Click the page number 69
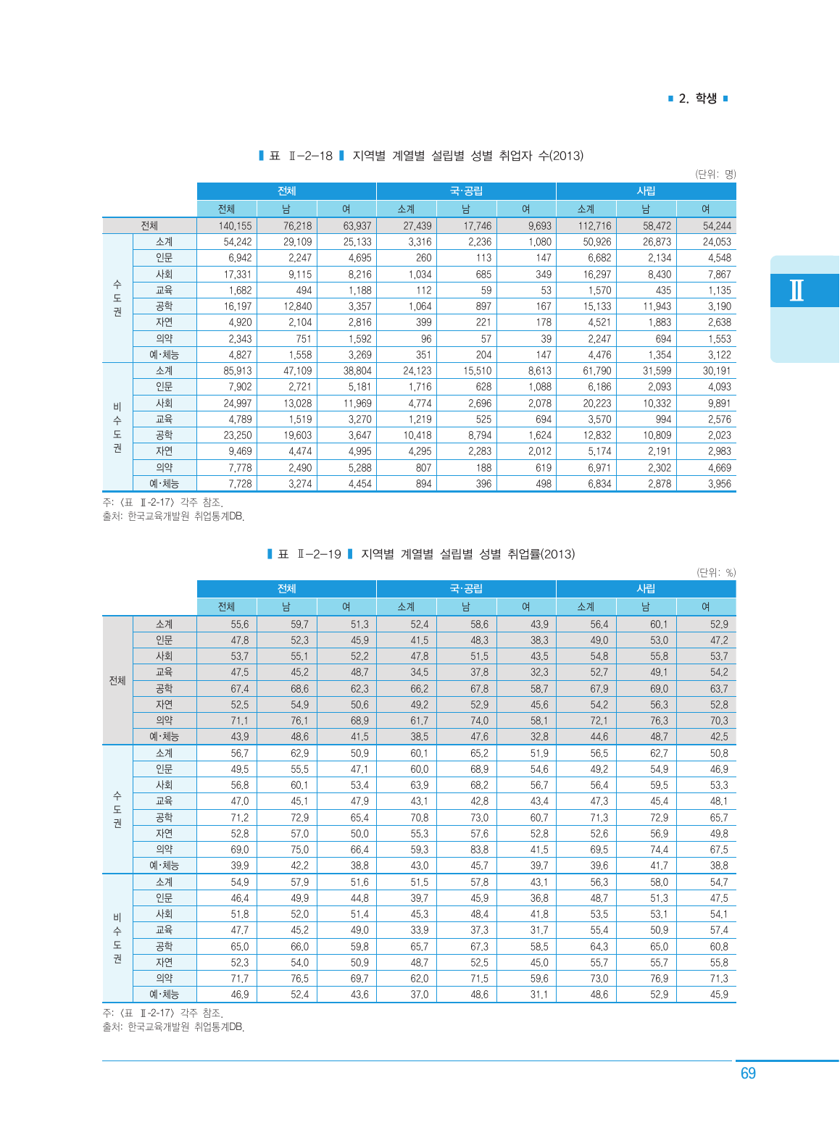[x=748, y=1074]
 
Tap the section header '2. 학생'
[x=697, y=99]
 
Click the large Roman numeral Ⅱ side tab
[x=797, y=290]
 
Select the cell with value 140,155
[x=235, y=226]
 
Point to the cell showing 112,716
[x=594, y=226]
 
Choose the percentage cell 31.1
[x=538, y=995]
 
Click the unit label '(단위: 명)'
[x=715, y=175]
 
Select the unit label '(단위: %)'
[x=715, y=572]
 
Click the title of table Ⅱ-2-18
[x=421, y=156]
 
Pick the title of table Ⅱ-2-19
[x=421, y=554]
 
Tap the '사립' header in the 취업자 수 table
[x=646, y=191]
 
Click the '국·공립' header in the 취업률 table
[x=466, y=589]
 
